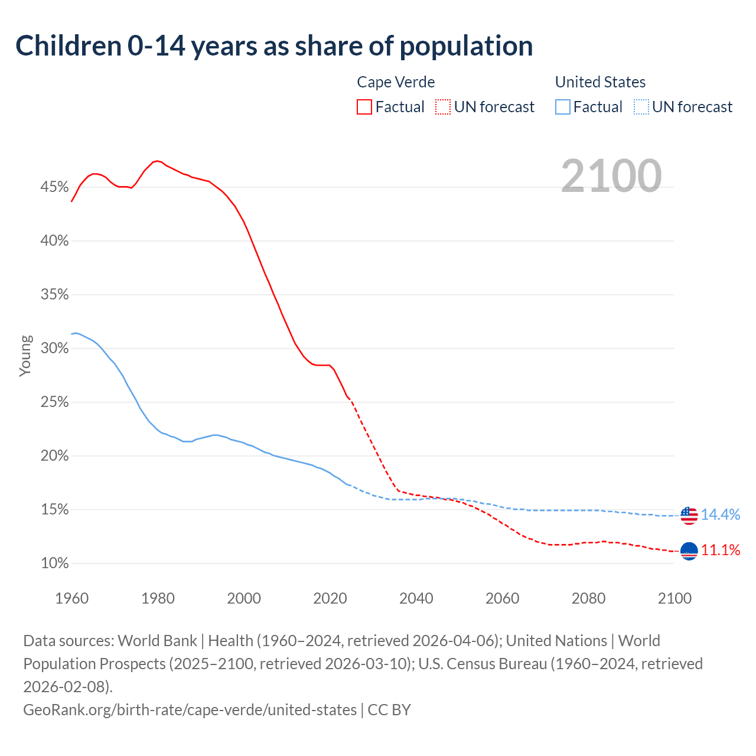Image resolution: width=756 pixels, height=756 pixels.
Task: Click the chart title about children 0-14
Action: point(274,46)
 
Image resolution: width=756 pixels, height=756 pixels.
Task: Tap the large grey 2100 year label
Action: point(611,176)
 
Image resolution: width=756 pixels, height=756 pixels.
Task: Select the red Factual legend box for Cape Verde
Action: point(364,107)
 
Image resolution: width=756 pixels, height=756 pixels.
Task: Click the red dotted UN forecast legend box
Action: point(443,107)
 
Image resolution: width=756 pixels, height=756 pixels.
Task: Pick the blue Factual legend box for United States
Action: point(563,107)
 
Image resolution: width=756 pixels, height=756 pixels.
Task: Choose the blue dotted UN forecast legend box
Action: point(641,107)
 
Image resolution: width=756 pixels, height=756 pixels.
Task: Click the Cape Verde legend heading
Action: point(396,82)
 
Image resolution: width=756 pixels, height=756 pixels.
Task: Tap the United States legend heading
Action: point(600,82)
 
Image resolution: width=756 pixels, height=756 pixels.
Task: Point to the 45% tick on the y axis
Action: point(54,187)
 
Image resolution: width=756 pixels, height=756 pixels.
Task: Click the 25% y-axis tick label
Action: point(54,402)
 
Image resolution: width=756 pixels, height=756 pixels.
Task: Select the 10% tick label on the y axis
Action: point(54,563)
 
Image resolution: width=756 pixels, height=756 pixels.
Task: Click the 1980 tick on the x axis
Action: point(158,598)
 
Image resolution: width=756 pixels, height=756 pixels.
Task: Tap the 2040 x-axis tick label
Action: point(416,598)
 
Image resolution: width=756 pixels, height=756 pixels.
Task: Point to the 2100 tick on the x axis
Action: point(674,598)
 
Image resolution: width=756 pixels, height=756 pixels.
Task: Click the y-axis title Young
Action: point(25,356)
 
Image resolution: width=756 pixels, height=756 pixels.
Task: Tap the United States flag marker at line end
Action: point(689,516)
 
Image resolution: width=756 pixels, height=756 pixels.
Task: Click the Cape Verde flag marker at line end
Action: point(689,551)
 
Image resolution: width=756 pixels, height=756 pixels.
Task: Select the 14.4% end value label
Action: point(721,515)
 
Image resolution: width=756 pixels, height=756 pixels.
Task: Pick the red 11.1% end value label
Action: point(721,550)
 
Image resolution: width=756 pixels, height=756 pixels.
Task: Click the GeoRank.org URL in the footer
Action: point(190,709)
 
